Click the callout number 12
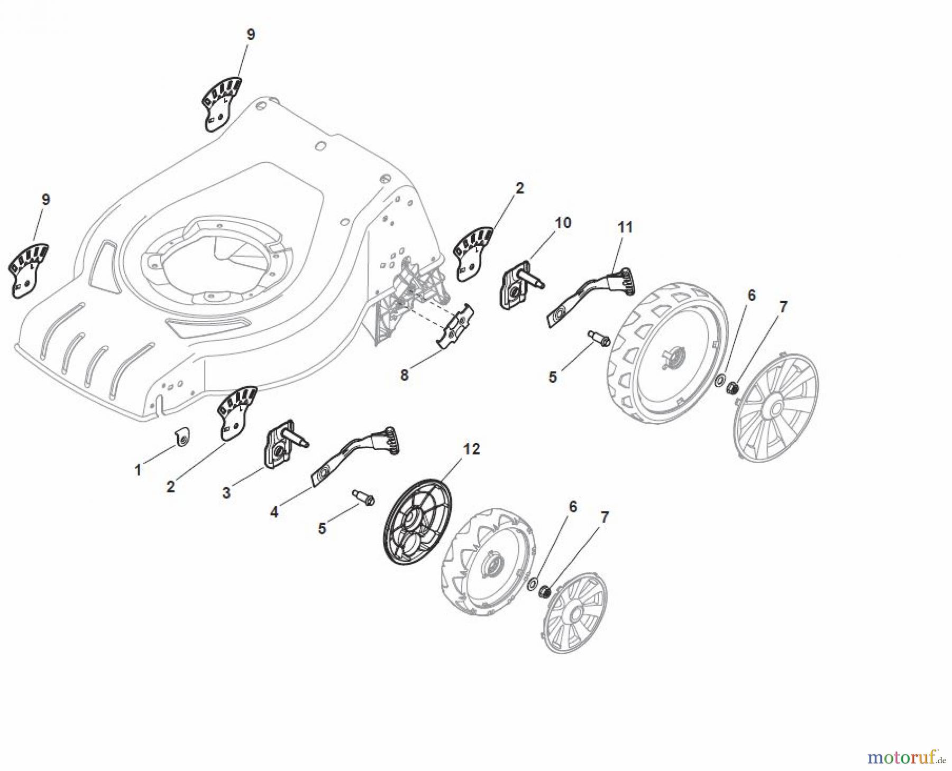471,449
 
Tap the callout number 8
404,375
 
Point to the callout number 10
563,222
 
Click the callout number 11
625,227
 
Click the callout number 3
226,493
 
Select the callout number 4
274,512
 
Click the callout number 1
138,470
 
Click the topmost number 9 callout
251,34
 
